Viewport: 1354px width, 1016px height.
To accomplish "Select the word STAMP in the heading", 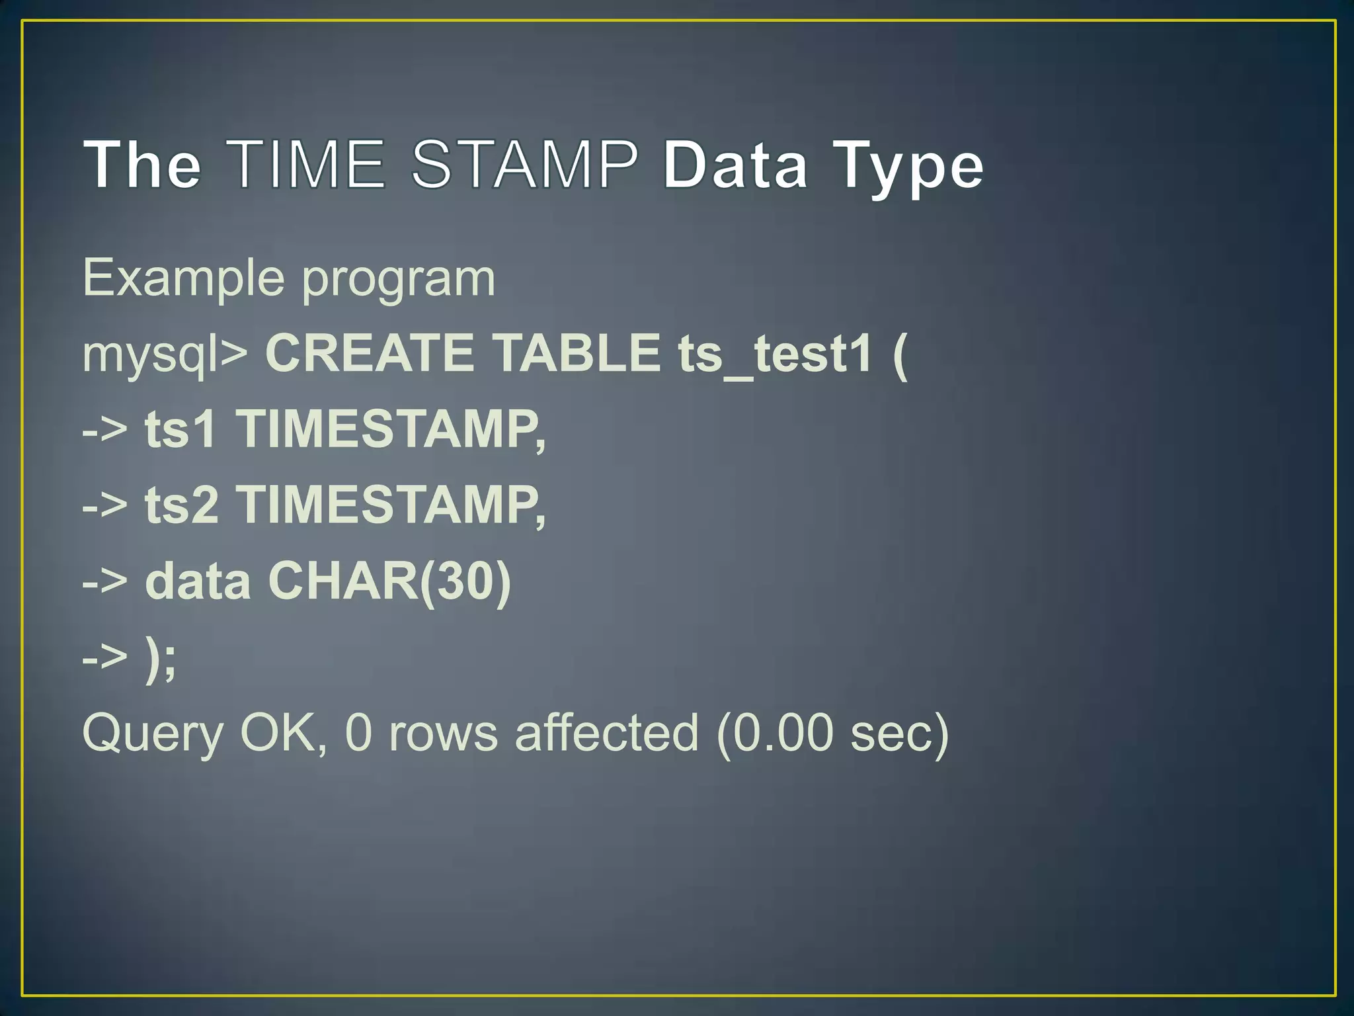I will (525, 164).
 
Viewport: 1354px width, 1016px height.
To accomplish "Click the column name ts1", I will (180, 429).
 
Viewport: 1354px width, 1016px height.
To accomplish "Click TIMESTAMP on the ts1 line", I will (391, 431).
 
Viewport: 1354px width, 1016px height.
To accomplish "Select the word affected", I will (606, 733).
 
